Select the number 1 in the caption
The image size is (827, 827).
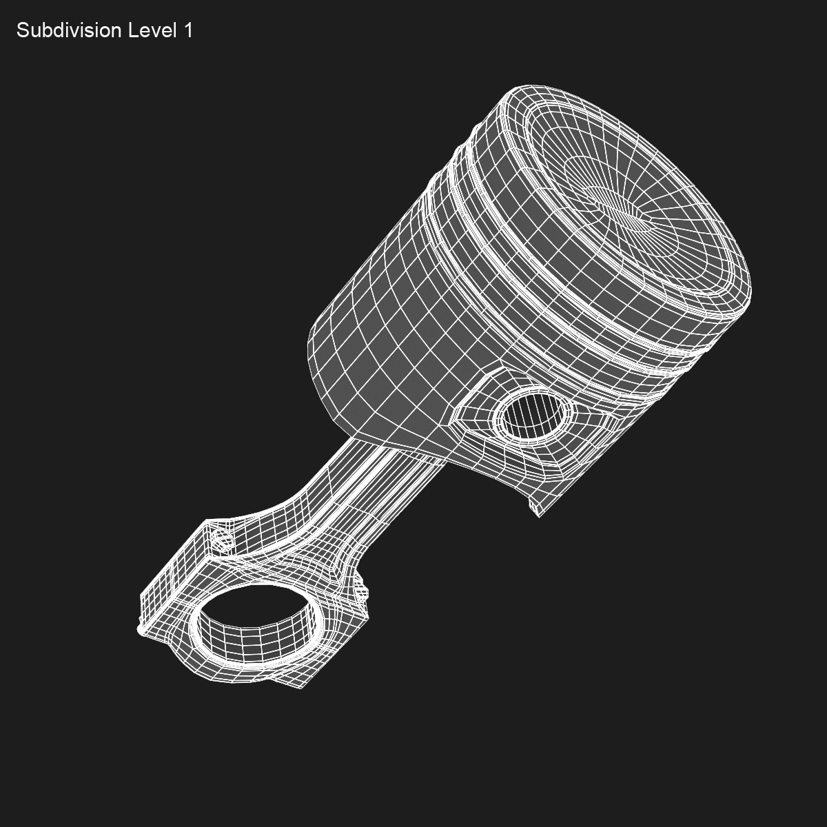(x=187, y=31)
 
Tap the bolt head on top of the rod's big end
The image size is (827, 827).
(x=221, y=538)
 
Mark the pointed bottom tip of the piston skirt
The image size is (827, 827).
(x=538, y=513)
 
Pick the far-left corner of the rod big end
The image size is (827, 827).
(x=141, y=629)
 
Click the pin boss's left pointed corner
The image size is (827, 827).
(x=453, y=420)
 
